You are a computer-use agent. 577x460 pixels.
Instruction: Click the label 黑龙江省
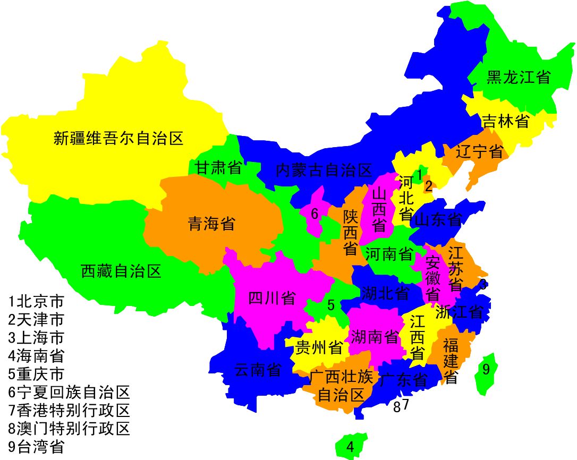pos(518,78)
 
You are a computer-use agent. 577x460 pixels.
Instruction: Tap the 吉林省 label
pos(505,121)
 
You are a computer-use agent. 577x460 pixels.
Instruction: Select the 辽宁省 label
pos(480,151)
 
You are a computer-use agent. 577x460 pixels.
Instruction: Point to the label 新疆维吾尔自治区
pos(118,139)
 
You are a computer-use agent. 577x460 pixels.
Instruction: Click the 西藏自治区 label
pos(121,271)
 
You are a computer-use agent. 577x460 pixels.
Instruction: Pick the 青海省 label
pos(211,224)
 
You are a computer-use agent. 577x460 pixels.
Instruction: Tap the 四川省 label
pos(272,298)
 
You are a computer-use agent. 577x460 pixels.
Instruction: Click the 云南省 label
pos(258,370)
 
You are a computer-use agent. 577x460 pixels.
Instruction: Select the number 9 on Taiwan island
pos(486,368)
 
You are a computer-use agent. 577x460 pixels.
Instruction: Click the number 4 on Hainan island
pos(350,447)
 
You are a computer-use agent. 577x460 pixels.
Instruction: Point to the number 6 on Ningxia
pos(315,214)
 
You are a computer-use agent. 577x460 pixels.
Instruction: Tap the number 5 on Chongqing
pos(330,305)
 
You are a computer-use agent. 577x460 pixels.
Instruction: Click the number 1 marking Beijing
pos(419,174)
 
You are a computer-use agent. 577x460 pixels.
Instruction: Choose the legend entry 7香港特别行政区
pos(69,411)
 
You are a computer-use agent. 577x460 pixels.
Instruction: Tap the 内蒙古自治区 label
pos(324,171)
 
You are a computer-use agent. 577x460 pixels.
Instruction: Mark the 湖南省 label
pos(375,337)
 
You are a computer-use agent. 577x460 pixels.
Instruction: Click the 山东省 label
pos(437,219)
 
